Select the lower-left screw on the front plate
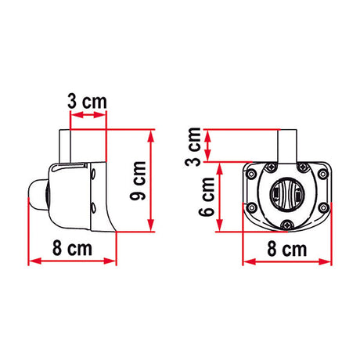click(x=252, y=207)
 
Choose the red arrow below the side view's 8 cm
click(x=72, y=262)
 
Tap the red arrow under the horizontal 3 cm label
click(x=88, y=115)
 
